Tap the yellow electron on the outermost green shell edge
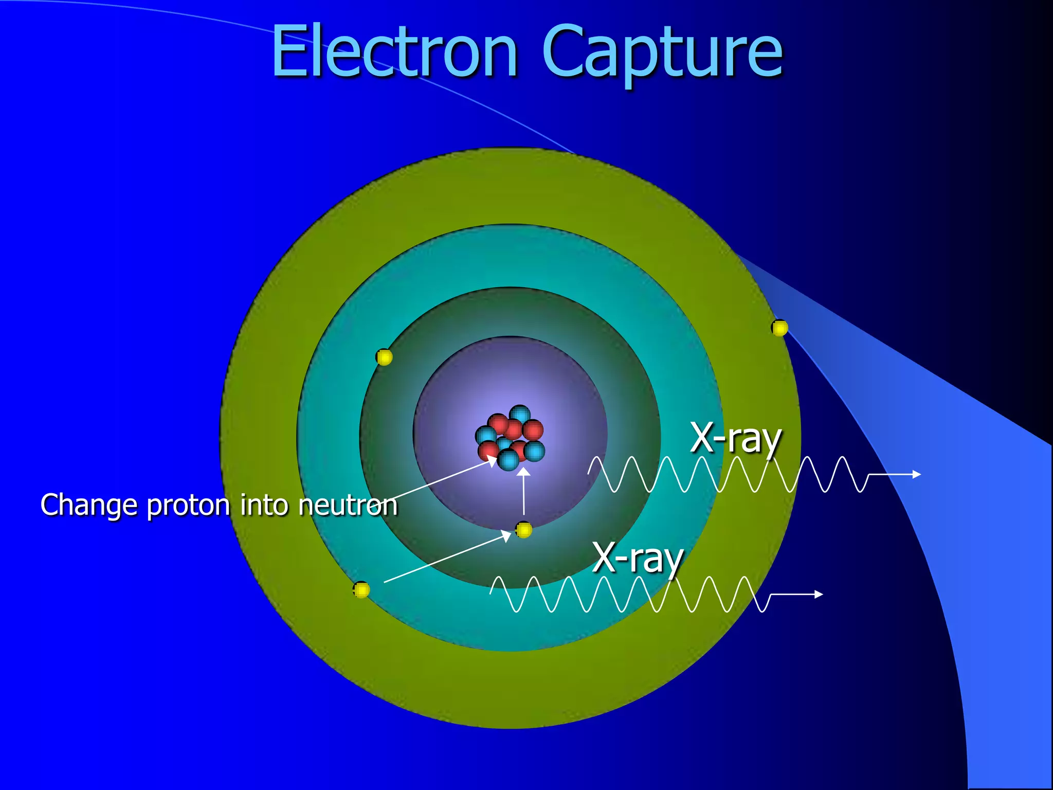tap(779, 328)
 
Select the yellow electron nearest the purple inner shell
tap(523, 529)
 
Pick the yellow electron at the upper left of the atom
tap(384, 356)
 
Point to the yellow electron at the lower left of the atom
tap(361, 589)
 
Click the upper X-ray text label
tap(736, 439)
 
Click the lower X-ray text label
tap(638, 558)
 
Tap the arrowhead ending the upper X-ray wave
tap(916, 474)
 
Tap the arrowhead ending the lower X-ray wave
tap(819, 594)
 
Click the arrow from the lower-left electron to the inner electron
tap(447, 558)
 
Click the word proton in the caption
tap(188, 506)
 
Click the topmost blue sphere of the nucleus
tap(520, 415)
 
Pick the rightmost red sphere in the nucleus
tap(533, 430)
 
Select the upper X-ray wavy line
tap(730, 474)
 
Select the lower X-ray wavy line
tap(627, 594)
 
